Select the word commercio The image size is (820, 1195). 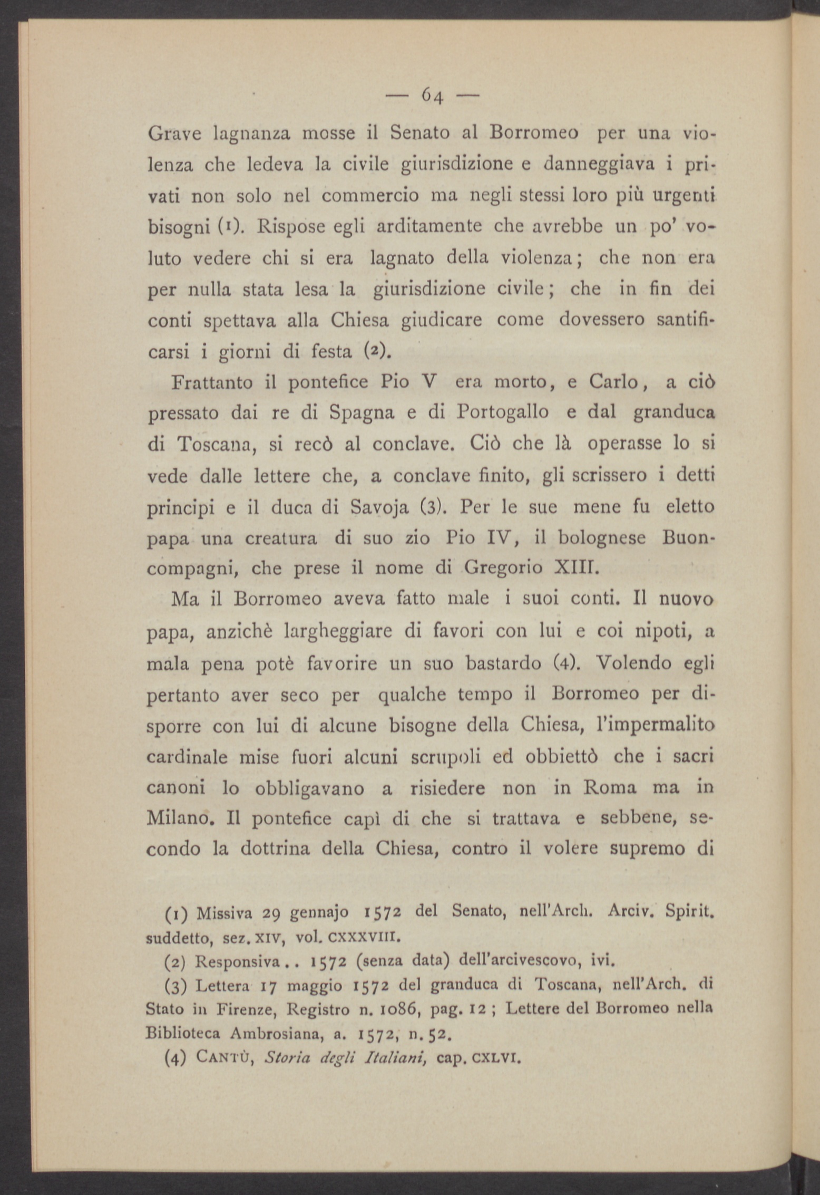370,196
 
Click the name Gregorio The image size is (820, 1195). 506,568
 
